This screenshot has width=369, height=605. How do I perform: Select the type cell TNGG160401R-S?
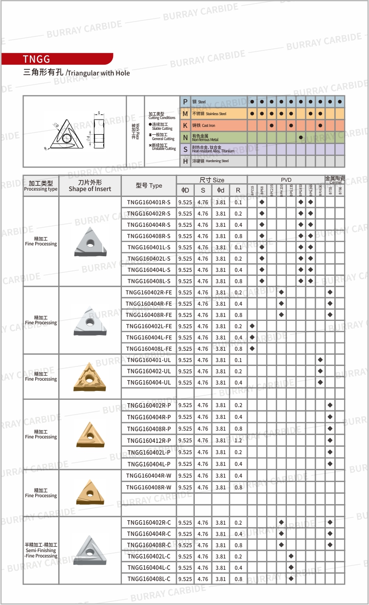149,202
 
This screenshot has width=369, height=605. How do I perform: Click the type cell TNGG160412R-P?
149,440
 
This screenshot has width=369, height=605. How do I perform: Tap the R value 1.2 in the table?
238,440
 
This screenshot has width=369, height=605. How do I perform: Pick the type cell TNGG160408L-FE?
149,349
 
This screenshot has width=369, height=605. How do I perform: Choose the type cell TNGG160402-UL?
149,371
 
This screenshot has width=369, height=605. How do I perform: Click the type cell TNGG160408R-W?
149,487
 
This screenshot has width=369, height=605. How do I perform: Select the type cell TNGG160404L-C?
149,568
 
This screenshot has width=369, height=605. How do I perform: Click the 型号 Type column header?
149,186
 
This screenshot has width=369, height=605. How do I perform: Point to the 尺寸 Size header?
212,180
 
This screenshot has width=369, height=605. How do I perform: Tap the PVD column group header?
286,180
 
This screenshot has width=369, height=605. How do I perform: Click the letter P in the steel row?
185,102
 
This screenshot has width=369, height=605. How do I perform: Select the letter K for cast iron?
185,125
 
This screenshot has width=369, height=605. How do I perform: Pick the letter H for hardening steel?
185,161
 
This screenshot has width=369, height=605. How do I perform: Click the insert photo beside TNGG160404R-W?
90,493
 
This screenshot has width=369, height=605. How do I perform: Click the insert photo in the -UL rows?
90,377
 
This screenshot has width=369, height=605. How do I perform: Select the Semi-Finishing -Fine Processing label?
41,550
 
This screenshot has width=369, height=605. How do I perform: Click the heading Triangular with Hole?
98,73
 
